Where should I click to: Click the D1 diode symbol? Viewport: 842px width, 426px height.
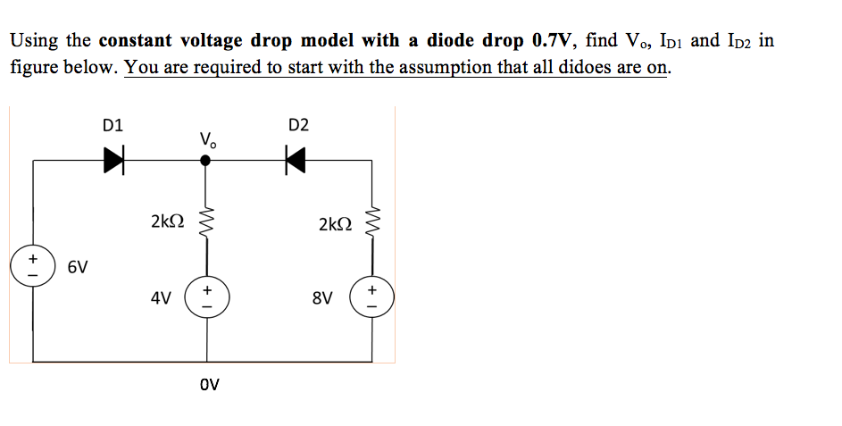pyautogui.click(x=113, y=161)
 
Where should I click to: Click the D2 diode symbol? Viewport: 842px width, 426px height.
pyautogui.click(x=296, y=161)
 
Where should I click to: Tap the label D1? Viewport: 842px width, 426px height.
pyautogui.click(x=113, y=125)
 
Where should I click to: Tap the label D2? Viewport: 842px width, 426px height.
pyautogui.click(x=298, y=125)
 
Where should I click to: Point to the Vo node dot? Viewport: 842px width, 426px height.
pyautogui.click(x=206, y=161)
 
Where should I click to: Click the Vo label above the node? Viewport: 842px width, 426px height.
pyautogui.click(x=208, y=139)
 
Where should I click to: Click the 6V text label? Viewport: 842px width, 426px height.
pyautogui.click(x=77, y=267)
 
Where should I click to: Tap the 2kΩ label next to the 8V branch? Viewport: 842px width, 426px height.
pyautogui.click(x=336, y=223)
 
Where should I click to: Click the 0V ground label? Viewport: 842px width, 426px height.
pyautogui.click(x=209, y=386)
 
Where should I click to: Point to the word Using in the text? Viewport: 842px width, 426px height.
pyautogui.click(x=35, y=42)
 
